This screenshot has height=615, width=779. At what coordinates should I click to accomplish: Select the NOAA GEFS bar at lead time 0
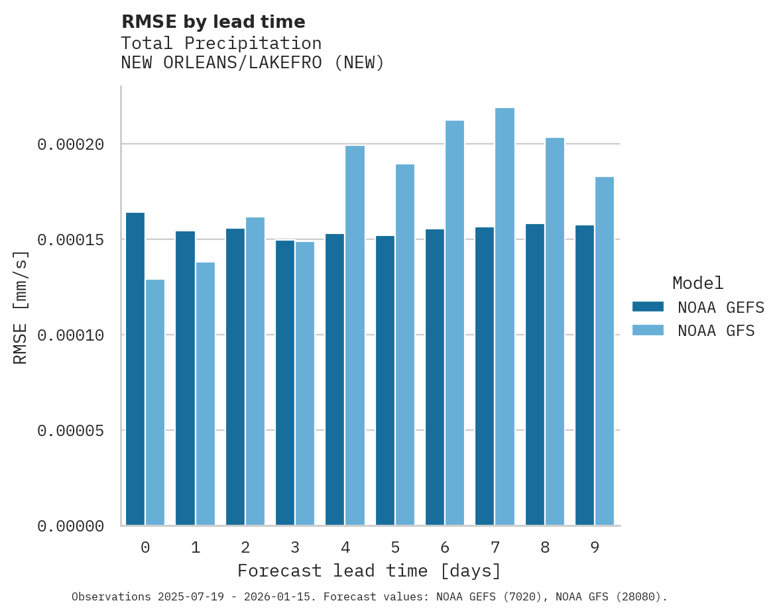[135, 369]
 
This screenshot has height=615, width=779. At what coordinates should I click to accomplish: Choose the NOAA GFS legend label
[716, 330]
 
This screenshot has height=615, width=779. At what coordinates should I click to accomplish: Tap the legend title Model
[697, 283]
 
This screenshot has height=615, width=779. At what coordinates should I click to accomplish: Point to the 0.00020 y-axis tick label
[71, 144]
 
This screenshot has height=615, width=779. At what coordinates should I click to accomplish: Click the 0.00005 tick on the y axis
[71, 431]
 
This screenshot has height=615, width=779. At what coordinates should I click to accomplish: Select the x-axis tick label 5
[395, 547]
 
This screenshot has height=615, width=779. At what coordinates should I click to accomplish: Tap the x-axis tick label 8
[545, 547]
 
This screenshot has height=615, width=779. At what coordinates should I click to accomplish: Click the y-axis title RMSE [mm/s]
[21, 307]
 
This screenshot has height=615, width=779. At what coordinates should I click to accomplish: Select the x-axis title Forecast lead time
[369, 571]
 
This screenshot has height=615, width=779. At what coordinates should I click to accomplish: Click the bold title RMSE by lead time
[213, 22]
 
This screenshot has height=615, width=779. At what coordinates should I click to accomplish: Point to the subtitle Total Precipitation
[221, 43]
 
